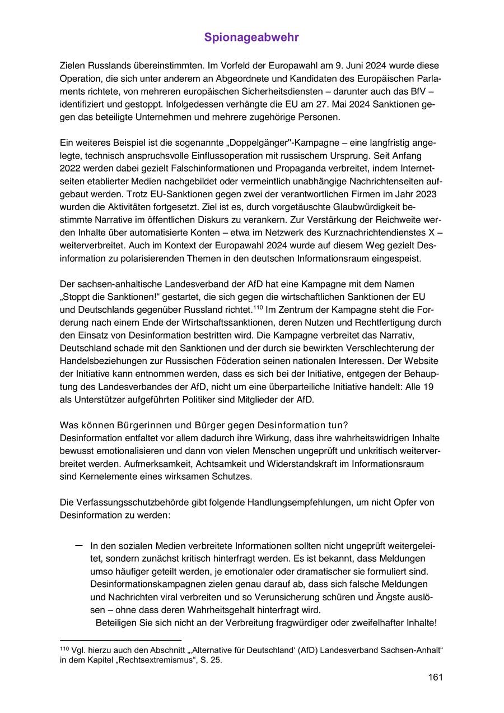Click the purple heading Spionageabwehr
click(x=251, y=38)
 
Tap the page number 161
click(x=436, y=677)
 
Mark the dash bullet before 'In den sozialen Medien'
click(x=78, y=545)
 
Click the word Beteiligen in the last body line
click(x=118, y=622)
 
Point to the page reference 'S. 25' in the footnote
click(x=211, y=660)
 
